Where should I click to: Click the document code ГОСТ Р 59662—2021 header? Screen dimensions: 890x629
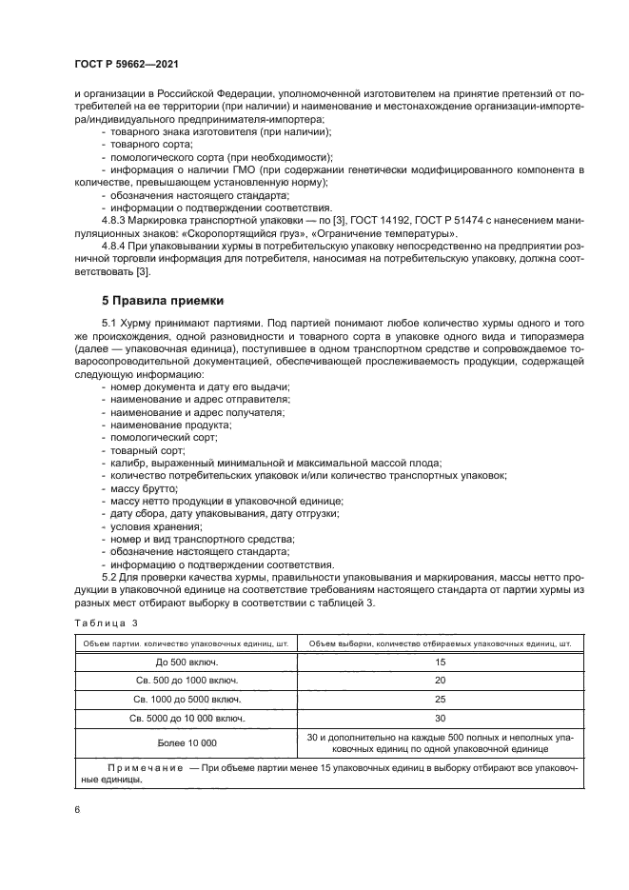pos(127,63)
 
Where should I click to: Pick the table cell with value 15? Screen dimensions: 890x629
pos(439,661)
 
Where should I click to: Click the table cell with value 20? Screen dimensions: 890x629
pos(439,681)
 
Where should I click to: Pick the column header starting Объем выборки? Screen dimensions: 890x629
pos(439,643)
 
